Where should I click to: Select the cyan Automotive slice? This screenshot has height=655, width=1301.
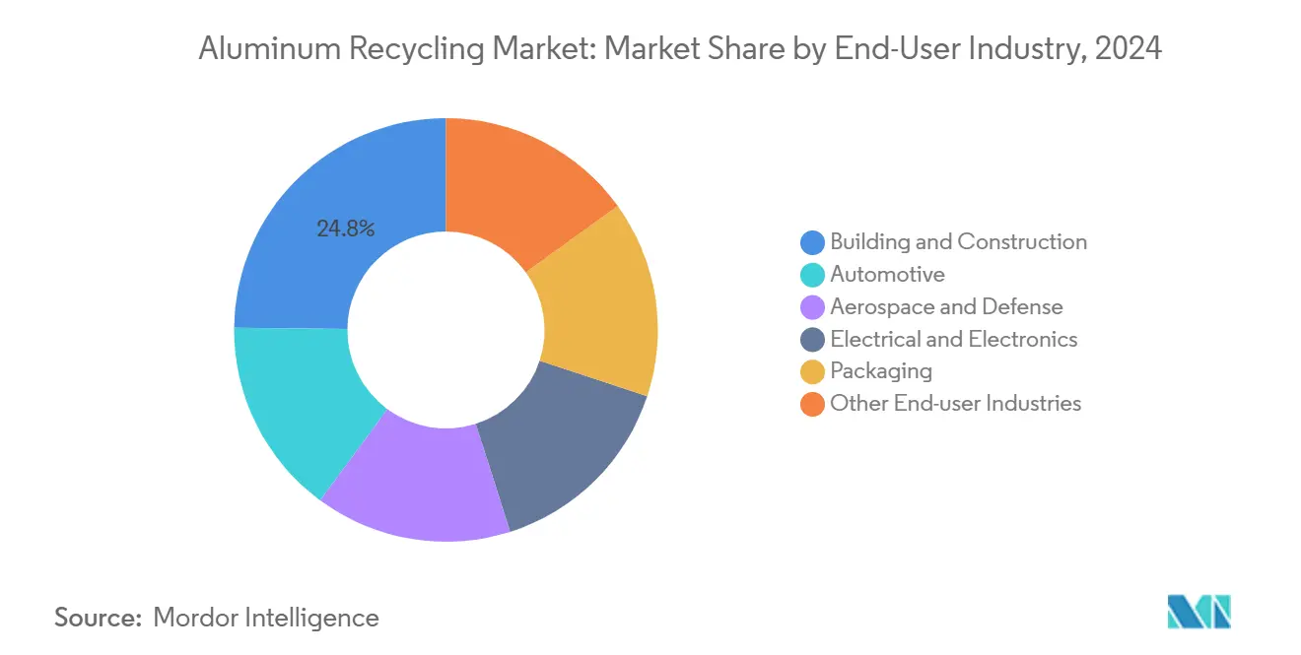(x=296, y=404)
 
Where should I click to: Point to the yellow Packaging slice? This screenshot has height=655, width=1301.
(x=601, y=305)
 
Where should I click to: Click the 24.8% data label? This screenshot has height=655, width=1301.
(x=345, y=229)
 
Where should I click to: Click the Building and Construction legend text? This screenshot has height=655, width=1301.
(x=958, y=241)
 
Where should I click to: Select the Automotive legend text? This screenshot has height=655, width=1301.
(x=887, y=274)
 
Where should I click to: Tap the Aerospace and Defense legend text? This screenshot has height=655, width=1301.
(x=946, y=306)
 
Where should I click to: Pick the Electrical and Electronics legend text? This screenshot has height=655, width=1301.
(x=953, y=339)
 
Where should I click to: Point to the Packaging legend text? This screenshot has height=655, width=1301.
(x=881, y=371)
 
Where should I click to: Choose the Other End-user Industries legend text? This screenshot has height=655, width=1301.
(x=955, y=404)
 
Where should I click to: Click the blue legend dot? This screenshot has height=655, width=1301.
(x=812, y=242)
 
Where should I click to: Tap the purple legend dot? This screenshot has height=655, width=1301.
(x=812, y=307)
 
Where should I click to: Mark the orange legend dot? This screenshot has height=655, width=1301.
(x=812, y=404)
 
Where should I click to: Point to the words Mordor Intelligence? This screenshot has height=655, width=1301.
(x=266, y=618)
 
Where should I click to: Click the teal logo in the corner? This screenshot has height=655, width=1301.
(x=1198, y=613)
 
